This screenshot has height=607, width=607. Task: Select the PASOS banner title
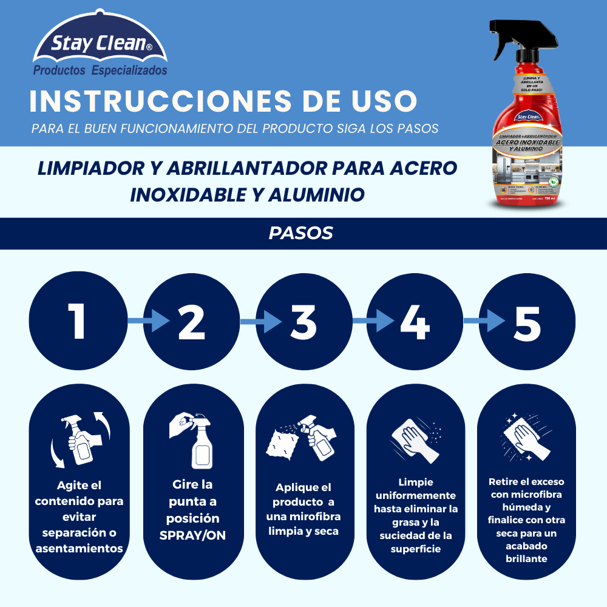pyautogui.click(x=301, y=234)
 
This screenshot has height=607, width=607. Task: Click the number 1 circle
pyautogui.click(x=77, y=321)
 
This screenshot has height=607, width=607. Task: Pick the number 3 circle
pyautogui.click(x=303, y=321)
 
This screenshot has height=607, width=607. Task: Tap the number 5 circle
pyautogui.click(x=527, y=321)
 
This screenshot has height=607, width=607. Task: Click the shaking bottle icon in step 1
pyautogui.click(x=80, y=440)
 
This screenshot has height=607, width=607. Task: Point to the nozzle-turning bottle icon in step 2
pyautogui.click(x=192, y=439)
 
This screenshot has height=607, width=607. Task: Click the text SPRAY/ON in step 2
pyautogui.click(x=189, y=536)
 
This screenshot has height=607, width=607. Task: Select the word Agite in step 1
pyautogui.click(x=71, y=485)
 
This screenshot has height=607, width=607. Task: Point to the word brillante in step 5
pyautogui.click(x=526, y=558)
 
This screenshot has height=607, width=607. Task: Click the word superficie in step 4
pyautogui.click(x=416, y=549)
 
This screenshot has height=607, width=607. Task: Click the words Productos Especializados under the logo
pyautogui.click(x=100, y=71)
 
